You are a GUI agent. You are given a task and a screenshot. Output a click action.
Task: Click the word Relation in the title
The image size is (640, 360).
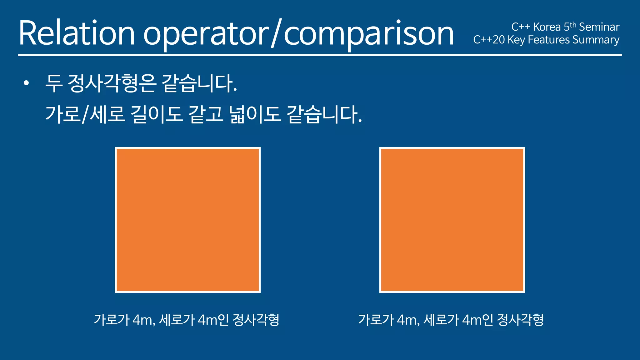tap(77, 33)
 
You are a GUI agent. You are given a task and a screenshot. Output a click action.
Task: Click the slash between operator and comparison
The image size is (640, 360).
tap(276, 33)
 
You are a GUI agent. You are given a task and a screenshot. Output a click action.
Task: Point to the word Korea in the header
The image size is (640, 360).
tap(547, 27)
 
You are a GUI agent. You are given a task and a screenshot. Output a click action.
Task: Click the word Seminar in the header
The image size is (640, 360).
tap(599, 27)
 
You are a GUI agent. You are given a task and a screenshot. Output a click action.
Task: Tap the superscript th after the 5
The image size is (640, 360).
tap(573, 25)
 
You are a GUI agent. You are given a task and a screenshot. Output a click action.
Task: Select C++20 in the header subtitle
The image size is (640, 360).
tap(489, 40)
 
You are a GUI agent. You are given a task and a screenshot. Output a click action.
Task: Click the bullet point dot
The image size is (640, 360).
tap(26, 83)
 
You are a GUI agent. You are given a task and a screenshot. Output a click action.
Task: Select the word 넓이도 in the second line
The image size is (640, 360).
tap(255, 114)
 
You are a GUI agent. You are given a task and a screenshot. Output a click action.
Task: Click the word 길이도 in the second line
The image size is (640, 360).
tap(157, 114)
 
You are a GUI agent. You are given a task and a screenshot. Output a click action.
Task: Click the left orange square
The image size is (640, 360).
tap(188, 220)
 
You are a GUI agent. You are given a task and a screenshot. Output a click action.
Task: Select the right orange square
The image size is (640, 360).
tap(452, 220)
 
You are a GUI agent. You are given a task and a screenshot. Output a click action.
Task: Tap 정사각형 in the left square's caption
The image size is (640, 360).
tap(256, 320)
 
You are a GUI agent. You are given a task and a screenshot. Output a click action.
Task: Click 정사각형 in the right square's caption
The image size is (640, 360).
tap(520, 320)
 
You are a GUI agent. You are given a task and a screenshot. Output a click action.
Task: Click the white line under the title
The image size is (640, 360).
tap(320, 55)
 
